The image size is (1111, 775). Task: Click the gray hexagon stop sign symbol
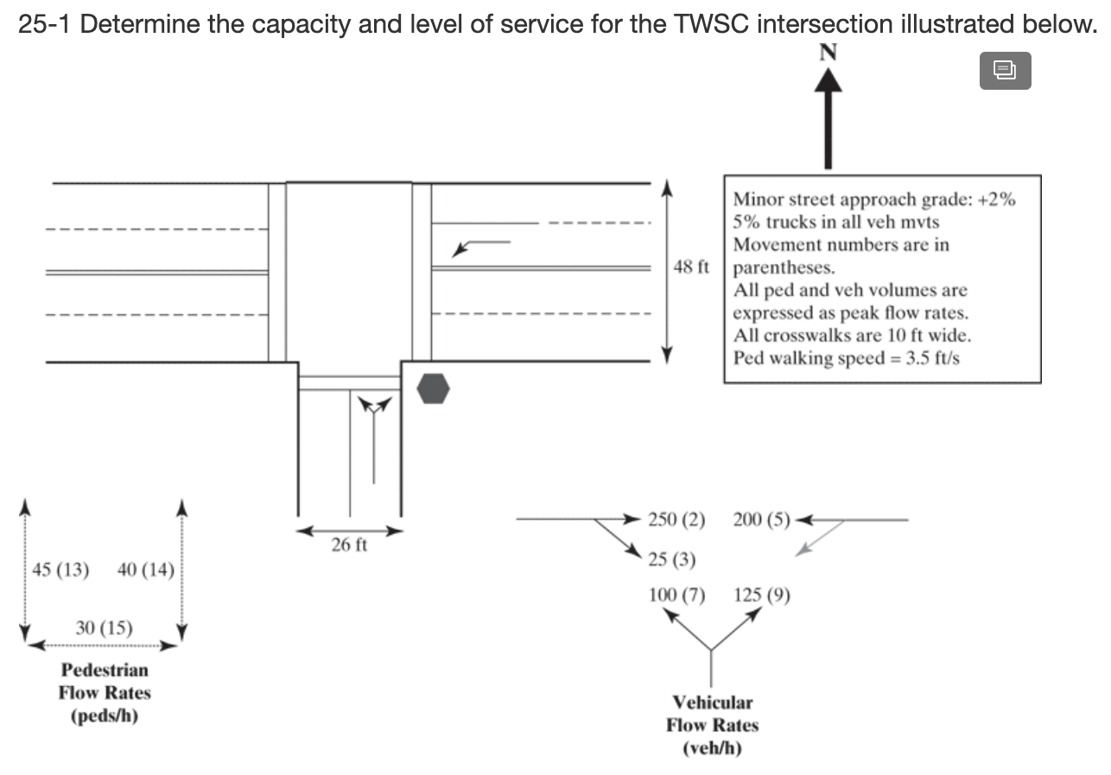pyautogui.click(x=433, y=388)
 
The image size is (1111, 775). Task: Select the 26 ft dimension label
pyautogui.click(x=350, y=545)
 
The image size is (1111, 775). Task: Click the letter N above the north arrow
pyautogui.click(x=828, y=52)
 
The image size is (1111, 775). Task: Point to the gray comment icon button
pyautogui.click(x=1005, y=70)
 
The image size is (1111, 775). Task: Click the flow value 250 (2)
pyautogui.click(x=676, y=520)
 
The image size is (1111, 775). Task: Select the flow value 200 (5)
pyautogui.click(x=761, y=520)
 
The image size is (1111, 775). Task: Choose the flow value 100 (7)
pyautogui.click(x=676, y=595)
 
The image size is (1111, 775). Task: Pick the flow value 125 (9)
pyautogui.click(x=761, y=595)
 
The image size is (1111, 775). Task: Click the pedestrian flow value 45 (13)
pyautogui.click(x=60, y=570)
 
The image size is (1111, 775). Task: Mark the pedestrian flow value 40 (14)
pyautogui.click(x=145, y=570)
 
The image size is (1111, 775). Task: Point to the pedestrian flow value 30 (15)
pyautogui.click(x=104, y=627)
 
